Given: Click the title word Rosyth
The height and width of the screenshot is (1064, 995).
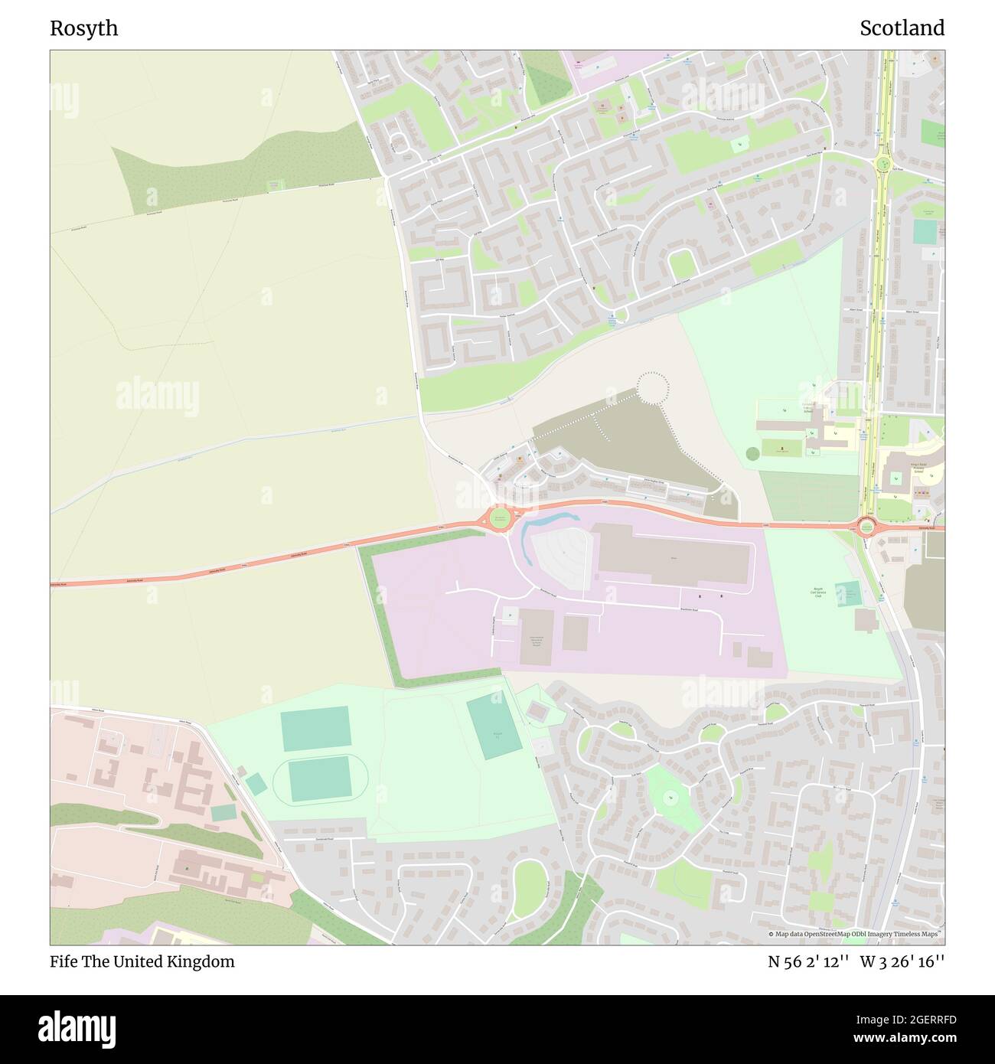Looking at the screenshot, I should [x=84, y=28].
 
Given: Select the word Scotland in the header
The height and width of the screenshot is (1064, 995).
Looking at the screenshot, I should [x=902, y=28].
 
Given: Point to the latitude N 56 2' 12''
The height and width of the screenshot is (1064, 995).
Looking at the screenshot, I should [x=807, y=961].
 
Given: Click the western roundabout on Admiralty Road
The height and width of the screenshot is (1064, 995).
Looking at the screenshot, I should [x=500, y=518].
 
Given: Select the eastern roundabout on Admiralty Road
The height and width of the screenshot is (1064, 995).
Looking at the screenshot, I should [x=866, y=526].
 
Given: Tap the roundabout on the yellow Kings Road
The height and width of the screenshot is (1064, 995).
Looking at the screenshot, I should [x=886, y=163].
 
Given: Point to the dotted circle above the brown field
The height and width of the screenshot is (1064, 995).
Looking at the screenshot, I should [x=653, y=387].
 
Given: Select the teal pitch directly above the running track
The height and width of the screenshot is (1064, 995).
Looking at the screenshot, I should [x=315, y=729].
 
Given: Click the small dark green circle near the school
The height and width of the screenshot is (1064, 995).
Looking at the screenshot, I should [x=752, y=453].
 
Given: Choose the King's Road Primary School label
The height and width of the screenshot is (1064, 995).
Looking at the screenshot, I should [x=918, y=468].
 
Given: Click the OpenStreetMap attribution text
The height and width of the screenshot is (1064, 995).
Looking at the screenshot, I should [x=856, y=934].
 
